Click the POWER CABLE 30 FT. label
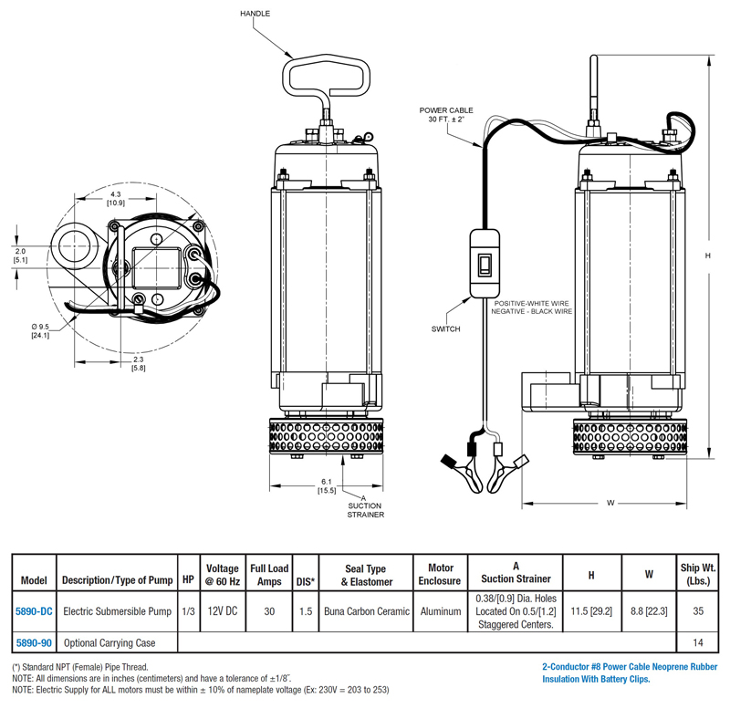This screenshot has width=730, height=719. click(447, 114)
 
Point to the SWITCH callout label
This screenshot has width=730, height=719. click(446, 328)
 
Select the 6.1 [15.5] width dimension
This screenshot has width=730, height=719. click(327, 486)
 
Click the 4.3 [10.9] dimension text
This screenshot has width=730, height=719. click(115, 198)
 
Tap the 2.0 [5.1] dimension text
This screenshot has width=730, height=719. click(20, 255)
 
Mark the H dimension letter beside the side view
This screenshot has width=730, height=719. click(707, 256)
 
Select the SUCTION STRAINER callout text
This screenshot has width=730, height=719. click(364, 509)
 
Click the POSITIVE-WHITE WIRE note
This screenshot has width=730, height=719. click(533, 303)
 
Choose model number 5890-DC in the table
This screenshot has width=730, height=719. click(33, 612)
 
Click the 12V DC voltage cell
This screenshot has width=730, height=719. click(223, 612)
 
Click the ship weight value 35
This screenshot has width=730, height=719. click(698, 612)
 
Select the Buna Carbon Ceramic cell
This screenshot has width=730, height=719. click(366, 612)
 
